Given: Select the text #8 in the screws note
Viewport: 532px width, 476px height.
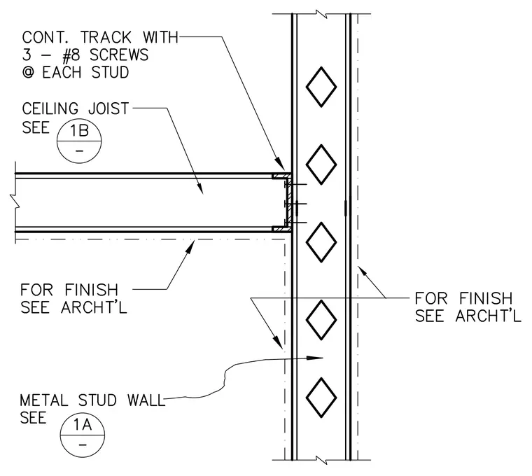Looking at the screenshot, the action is tap(71, 55).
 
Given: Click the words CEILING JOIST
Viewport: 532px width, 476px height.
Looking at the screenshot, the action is tap(76, 108).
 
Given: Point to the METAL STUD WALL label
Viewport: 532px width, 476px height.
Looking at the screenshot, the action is tap(92, 400).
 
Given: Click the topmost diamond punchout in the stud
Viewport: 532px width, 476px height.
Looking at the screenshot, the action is tap(321, 87).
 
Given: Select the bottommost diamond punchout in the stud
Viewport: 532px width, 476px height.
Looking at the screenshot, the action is tap(321, 398).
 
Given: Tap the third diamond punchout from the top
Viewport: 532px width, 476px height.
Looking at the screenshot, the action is tap(321, 242).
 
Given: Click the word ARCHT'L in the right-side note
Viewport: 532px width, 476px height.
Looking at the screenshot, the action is tap(488, 316).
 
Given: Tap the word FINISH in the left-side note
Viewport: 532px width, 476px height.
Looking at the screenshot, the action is tap(91, 290).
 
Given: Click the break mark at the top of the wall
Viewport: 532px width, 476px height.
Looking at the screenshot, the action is tap(321, 14).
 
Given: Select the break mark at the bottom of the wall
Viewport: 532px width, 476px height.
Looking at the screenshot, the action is tap(321, 461).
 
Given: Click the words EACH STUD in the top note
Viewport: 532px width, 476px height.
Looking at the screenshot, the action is tap(85, 73).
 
